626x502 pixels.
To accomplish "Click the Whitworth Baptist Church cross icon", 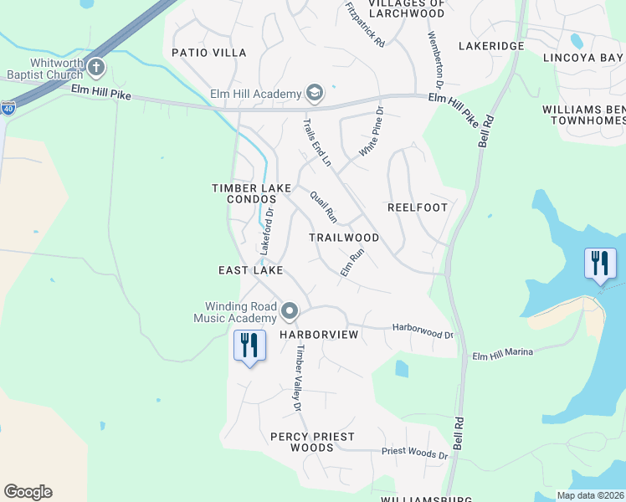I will [96, 68].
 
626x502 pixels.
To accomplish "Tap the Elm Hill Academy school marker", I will [315, 91].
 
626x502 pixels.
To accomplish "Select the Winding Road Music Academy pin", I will [290, 312].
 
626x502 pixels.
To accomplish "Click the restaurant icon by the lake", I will [600, 264].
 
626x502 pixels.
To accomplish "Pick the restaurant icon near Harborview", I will [249, 345].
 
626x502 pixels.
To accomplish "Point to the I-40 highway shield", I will [8, 108].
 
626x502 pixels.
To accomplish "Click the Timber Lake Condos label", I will [250, 194].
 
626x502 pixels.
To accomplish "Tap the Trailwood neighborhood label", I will [344, 238].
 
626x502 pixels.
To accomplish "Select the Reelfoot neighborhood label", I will [418, 207].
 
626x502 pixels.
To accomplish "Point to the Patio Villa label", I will [209, 53].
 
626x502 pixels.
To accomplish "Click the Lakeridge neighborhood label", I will [491, 46].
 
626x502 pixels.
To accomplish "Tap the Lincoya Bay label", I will [583, 58].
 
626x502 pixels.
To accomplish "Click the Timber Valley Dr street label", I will [296, 380].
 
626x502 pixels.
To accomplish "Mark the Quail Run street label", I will [323, 207].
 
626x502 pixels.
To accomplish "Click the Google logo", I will [28, 492].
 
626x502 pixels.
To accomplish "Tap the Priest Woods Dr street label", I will [415, 452].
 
